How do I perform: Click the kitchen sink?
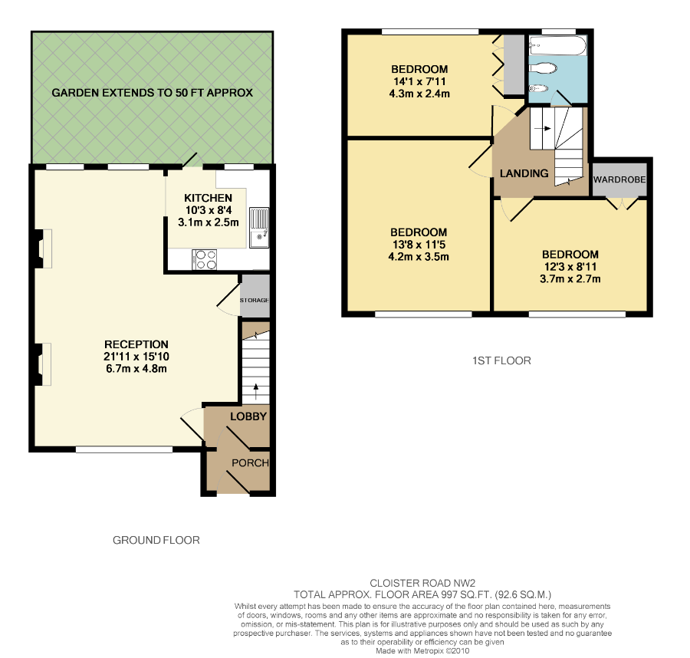pyautogui.click(x=259, y=228)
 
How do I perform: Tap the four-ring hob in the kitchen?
pyautogui.click(x=205, y=259)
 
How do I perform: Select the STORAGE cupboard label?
pyautogui.click(x=255, y=300)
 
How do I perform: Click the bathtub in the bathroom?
pyautogui.click(x=558, y=46)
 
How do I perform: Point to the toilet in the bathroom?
pyautogui.click(x=543, y=68)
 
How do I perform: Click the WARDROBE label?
pyautogui.click(x=619, y=179)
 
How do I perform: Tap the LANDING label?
pyautogui.click(x=524, y=173)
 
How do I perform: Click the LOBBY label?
pyautogui.click(x=248, y=416)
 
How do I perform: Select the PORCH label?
pyautogui.click(x=251, y=463)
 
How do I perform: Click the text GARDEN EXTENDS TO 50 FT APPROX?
pyautogui.click(x=153, y=93)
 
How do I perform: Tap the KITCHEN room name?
pyautogui.click(x=208, y=198)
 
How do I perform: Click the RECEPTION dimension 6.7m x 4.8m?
pyautogui.click(x=136, y=369)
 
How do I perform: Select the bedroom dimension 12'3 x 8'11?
pyautogui.click(x=570, y=267)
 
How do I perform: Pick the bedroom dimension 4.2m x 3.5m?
pyautogui.click(x=419, y=257)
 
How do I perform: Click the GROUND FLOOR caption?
pyautogui.click(x=156, y=540)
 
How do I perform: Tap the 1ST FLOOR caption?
pyautogui.click(x=501, y=361)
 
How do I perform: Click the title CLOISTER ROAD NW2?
pyautogui.click(x=422, y=583)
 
